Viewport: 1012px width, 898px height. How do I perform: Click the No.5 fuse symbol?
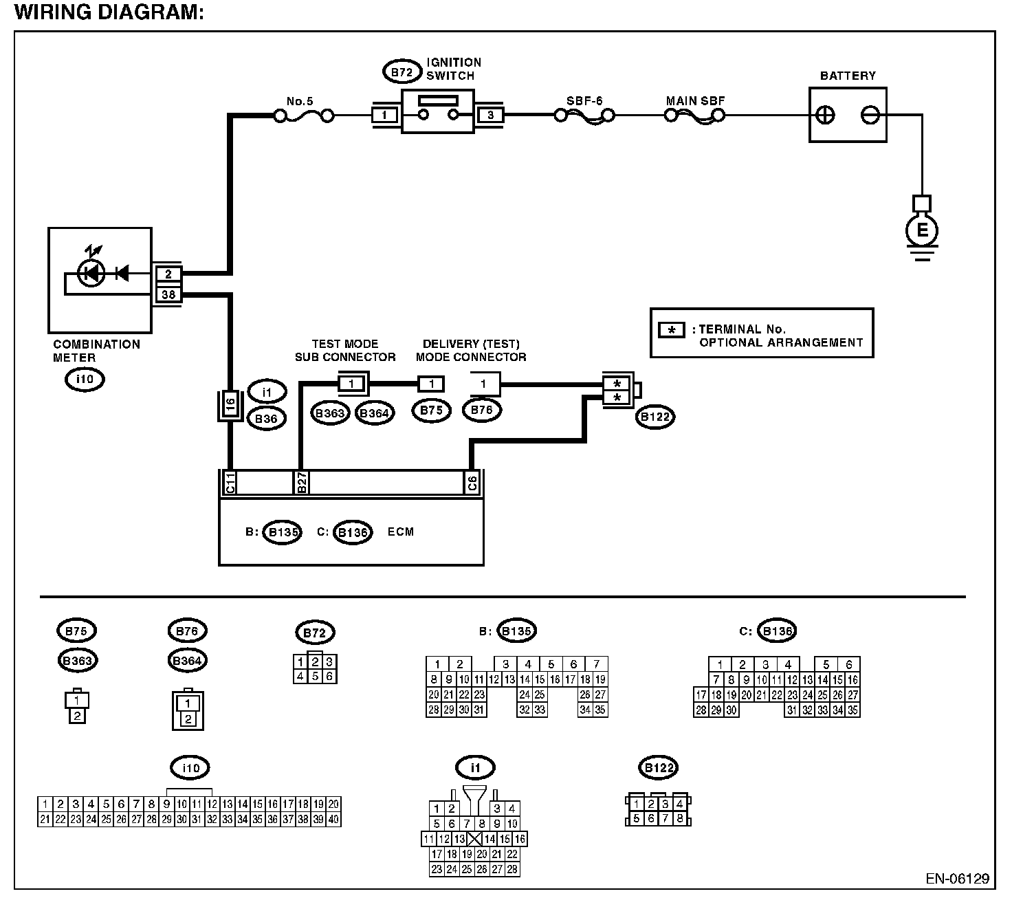[304, 117]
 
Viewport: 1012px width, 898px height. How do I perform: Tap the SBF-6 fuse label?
[584, 101]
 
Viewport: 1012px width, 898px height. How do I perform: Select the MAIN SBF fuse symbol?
[695, 117]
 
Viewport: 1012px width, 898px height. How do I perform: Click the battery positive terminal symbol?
[825, 116]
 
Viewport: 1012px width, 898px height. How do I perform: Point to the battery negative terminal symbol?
[870, 116]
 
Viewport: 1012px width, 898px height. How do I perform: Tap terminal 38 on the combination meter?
[168, 294]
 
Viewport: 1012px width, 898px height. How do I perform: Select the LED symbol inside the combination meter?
[91, 273]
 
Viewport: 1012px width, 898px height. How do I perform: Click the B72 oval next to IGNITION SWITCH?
[401, 72]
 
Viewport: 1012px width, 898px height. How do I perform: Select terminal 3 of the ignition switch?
[490, 116]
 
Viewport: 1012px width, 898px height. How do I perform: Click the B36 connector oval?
[266, 419]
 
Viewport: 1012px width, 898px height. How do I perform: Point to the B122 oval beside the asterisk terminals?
[655, 417]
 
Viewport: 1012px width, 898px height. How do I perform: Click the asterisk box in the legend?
[671, 330]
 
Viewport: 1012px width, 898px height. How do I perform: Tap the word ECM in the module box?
[401, 532]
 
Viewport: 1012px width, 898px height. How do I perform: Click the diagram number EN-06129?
[957, 879]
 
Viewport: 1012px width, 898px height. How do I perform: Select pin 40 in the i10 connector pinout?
[333, 819]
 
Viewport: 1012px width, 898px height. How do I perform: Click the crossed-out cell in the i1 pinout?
[474, 839]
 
